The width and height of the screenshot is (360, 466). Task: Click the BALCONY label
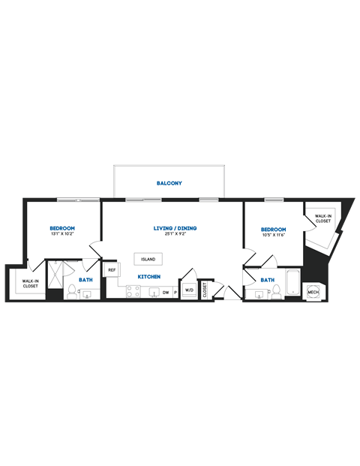[x=169, y=183]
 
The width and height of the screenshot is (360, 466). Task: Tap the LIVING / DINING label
[x=175, y=228]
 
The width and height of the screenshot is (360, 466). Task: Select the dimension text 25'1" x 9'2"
[x=175, y=234]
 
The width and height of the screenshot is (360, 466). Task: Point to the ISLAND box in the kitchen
[x=148, y=259]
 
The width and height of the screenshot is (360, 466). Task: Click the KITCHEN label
[x=148, y=277]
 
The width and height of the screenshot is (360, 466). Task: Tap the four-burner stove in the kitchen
[x=133, y=292]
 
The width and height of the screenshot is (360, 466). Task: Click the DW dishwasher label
[x=166, y=292]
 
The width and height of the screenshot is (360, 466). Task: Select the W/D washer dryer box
[x=189, y=290]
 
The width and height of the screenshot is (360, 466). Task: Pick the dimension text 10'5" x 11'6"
[x=274, y=235]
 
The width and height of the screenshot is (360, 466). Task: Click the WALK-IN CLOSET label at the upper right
[x=323, y=218]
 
